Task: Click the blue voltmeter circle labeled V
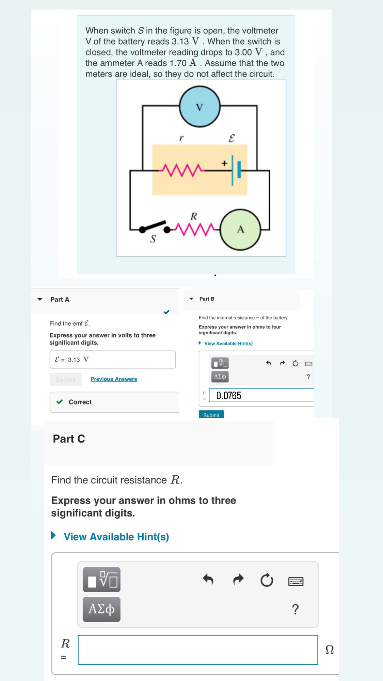(x=200, y=107)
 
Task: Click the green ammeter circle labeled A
(x=240, y=229)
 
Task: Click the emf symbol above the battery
(x=232, y=138)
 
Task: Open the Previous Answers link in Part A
(x=114, y=379)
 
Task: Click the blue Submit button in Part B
(x=211, y=415)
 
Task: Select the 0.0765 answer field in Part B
(x=261, y=395)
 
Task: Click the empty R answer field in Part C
(x=197, y=649)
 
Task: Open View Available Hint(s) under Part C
(x=116, y=537)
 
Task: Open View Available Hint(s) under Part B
(x=228, y=343)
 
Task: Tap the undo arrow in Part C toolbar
(x=208, y=579)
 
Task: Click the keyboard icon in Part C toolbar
(x=296, y=581)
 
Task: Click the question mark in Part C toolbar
(x=295, y=609)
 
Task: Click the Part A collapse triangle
(x=40, y=299)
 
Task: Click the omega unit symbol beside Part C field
(x=329, y=649)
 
